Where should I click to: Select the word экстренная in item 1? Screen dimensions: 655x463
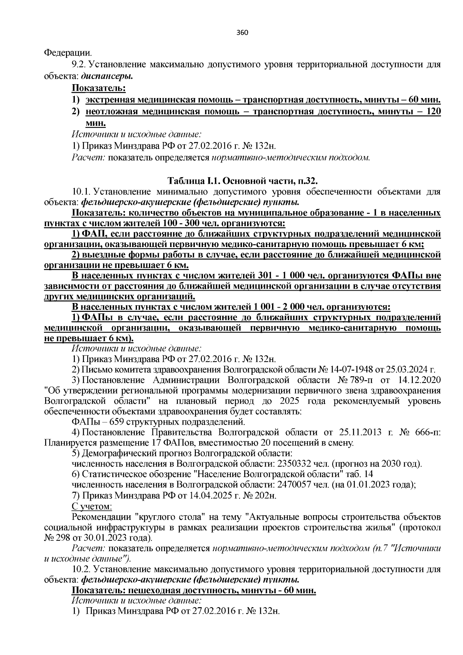tap(107, 100)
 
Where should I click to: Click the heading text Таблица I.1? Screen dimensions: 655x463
tap(195, 181)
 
